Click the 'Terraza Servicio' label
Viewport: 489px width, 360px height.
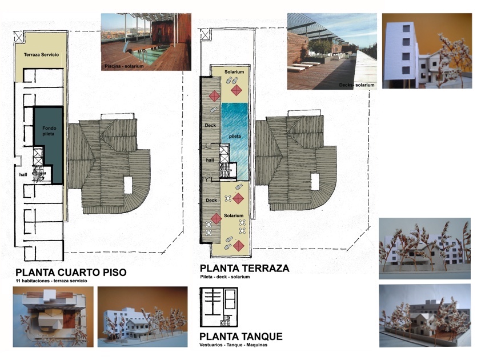coord(42,55)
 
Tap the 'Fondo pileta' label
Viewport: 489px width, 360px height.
coord(49,131)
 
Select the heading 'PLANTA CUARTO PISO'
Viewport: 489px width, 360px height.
coord(71,272)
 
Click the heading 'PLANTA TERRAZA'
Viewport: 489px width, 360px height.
coord(244,268)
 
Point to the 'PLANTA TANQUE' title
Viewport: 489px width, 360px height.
coord(241,337)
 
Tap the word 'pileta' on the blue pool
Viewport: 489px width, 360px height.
coord(235,137)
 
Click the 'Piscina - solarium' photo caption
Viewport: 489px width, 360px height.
coord(124,66)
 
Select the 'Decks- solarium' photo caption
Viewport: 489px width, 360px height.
coord(357,85)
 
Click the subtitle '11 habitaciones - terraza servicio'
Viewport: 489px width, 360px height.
coord(51,281)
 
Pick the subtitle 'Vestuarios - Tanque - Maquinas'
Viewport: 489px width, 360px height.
coord(233,345)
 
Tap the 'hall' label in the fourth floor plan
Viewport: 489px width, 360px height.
coord(23,175)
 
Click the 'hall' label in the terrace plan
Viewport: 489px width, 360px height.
coord(210,160)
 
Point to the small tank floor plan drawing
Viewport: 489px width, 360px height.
coord(219,307)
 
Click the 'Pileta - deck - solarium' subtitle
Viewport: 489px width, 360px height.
coord(225,277)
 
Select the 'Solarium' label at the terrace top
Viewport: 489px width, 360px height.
coord(234,72)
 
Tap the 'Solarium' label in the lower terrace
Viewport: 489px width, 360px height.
coord(234,215)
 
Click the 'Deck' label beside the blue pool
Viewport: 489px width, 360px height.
coord(210,125)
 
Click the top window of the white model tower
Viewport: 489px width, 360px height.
coord(406,29)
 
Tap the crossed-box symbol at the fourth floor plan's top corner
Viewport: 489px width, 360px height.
coord(19,37)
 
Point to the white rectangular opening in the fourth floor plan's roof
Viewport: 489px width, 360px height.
coord(128,185)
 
